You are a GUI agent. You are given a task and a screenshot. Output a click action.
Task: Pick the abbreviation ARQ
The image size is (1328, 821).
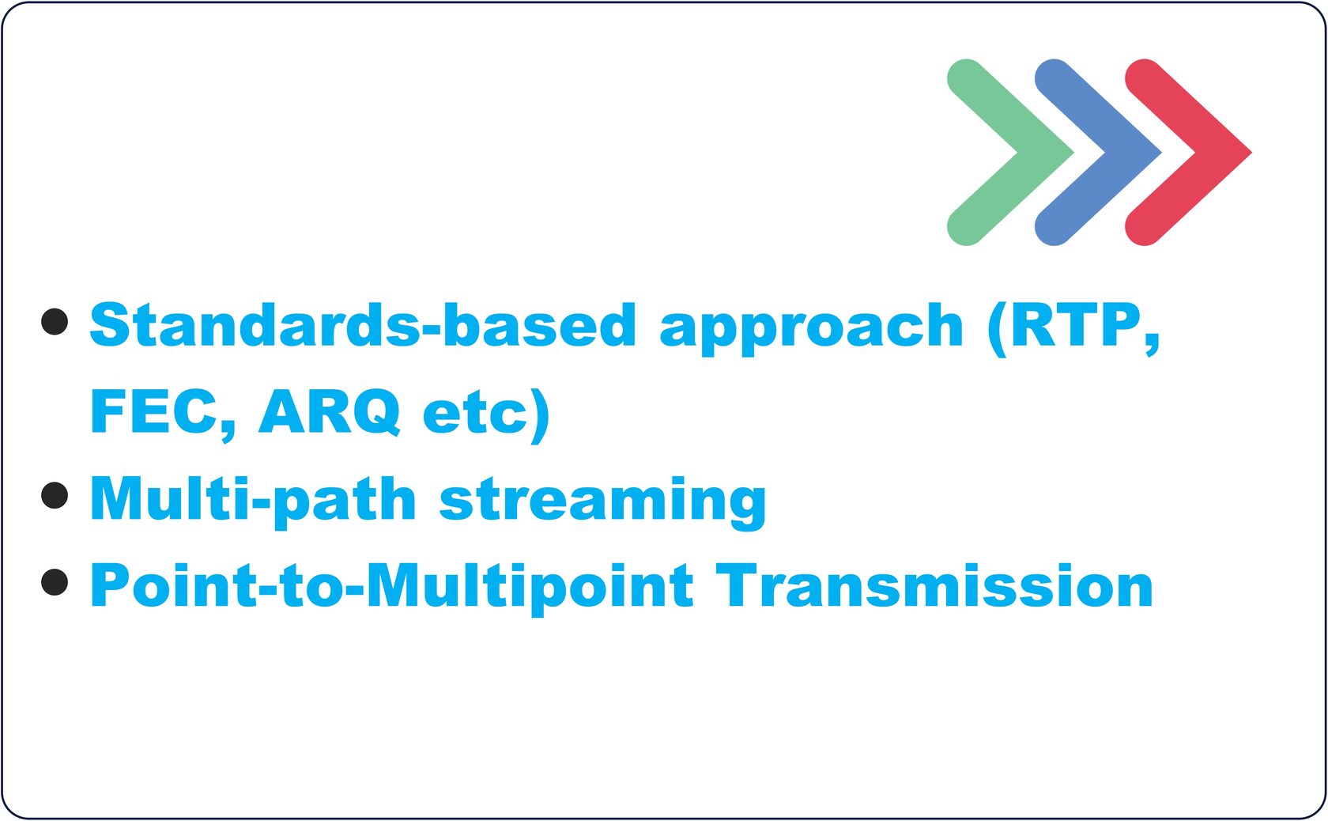(x=329, y=412)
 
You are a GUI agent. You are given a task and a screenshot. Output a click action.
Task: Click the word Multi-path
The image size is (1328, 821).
(x=253, y=501)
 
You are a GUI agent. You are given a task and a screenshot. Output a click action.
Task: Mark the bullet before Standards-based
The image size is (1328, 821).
(x=55, y=322)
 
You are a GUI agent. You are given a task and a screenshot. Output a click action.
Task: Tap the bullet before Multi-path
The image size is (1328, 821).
(x=55, y=496)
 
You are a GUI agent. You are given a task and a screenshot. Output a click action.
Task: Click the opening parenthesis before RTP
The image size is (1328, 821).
(x=998, y=328)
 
